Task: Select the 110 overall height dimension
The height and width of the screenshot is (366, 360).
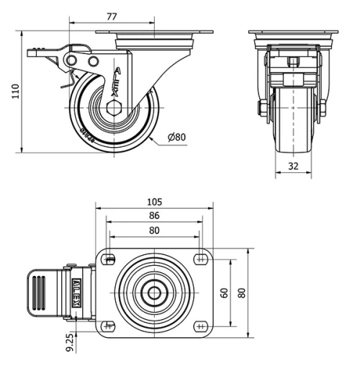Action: (x=11, y=91)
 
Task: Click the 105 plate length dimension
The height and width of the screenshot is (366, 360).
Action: (x=154, y=202)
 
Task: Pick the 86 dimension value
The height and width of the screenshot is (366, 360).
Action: (x=154, y=215)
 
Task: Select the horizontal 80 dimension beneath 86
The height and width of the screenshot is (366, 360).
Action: (x=154, y=231)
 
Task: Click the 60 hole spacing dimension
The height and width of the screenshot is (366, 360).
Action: (x=224, y=293)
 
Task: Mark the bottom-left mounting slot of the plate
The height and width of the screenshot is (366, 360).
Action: (x=109, y=325)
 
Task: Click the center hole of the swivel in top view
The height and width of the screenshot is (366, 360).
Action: (x=154, y=293)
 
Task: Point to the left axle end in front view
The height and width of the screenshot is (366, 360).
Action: (x=263, y=108)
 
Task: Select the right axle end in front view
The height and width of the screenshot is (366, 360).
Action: (x=322, y=108)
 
